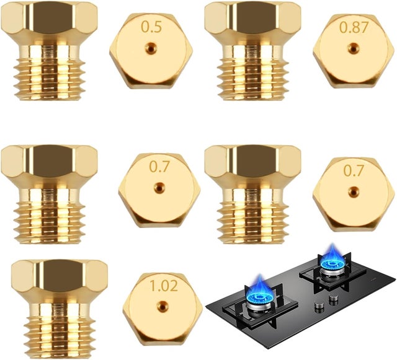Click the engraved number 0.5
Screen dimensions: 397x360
click(x=151, y=27)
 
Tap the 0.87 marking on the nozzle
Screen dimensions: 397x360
click(x=354, y=27)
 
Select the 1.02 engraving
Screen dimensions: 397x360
click(x=164, y=286)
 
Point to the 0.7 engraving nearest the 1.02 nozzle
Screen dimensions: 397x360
click(x=159, y=167)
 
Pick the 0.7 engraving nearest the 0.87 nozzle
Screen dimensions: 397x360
click(x=354, y=170)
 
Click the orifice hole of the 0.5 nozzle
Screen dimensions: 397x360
click(x=151, y=47)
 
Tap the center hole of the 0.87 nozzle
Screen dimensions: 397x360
click(x=353, y=48)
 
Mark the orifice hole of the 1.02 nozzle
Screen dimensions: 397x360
click(x=163, y=306)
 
